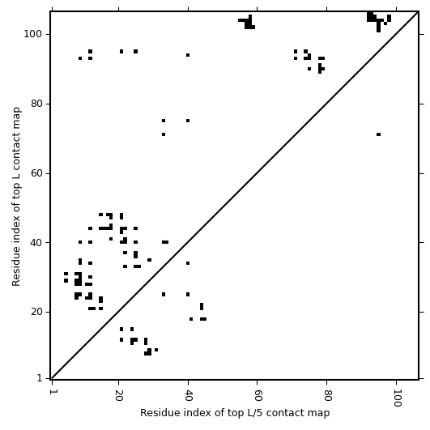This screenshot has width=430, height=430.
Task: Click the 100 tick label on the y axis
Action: [32, 34]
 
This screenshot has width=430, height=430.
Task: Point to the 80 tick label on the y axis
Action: [36, 104]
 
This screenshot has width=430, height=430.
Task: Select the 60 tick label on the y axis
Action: [36, 173]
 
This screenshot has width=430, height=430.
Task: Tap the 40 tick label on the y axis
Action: [36, 243]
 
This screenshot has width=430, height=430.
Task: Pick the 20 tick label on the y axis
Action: [36, 312]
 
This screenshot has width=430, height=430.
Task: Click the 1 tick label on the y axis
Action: [40, 378]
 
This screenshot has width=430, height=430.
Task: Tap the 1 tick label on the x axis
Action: [52, 392]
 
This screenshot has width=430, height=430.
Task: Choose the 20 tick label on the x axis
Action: [118, 395]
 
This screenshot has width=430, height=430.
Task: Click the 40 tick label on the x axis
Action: [188, 395]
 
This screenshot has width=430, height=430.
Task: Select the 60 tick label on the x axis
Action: [258, 395]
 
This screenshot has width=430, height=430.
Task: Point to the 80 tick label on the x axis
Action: [327, 395]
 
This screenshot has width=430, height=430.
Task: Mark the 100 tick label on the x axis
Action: [397, 398]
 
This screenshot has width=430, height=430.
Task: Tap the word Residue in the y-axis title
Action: [16, 270]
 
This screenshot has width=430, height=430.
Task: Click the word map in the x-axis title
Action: [319, 414]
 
